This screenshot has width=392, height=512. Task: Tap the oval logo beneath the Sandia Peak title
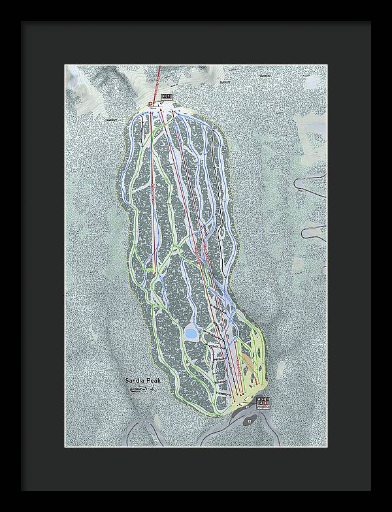point(139,389)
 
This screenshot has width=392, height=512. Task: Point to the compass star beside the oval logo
point(154,389)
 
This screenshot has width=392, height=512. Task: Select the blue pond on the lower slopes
point(191,334)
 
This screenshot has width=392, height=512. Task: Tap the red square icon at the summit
point(151,103)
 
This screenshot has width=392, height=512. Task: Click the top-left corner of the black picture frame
point(21,22)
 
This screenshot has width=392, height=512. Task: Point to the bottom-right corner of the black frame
point(370,490)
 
